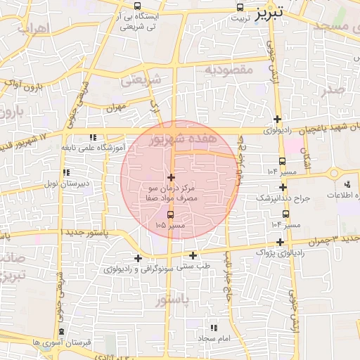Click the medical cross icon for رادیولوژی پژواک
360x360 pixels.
coord(281,242)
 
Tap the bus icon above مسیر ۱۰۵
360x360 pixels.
coord(171,214)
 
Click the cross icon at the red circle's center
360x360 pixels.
coord(171,176)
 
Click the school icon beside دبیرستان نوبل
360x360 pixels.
coord(65,172)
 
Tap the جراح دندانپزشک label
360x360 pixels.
coord(292,198)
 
